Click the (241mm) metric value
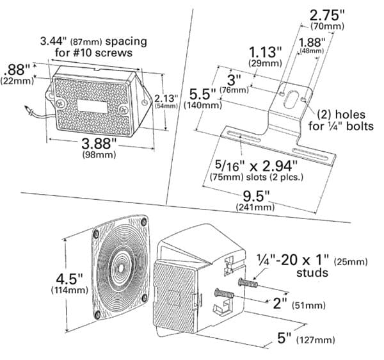[x=256, y=207]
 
